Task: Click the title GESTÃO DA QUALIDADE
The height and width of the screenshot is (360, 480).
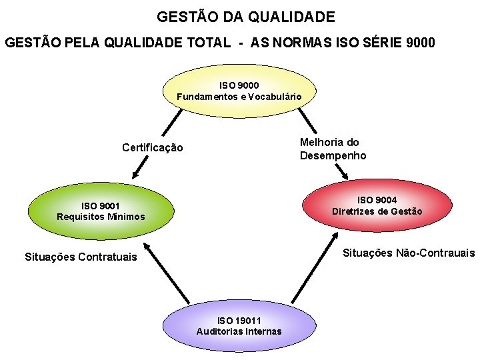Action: [x=246, y=17]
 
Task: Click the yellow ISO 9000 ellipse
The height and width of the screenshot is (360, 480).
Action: [x=239, y=91]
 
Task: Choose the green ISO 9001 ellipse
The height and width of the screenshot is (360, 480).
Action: [x=101, y=211]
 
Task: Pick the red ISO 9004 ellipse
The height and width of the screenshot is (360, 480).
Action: [x=377, y=205]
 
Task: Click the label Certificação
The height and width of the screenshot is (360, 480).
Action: [x=152, y=147]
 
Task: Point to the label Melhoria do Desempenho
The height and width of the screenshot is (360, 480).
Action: [x=333, y=149]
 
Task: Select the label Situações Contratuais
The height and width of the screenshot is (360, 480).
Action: [x=80, y=257]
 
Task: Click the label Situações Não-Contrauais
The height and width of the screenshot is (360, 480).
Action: [x=408, y=253]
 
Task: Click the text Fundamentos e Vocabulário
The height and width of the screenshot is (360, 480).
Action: [x=239, y=97]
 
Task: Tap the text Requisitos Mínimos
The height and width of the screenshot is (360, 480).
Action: [x=101, y=217]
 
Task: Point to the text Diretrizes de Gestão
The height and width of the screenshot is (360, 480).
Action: [x=377, y=211]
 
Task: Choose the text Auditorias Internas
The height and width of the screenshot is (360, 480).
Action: [x=239, y=331]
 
